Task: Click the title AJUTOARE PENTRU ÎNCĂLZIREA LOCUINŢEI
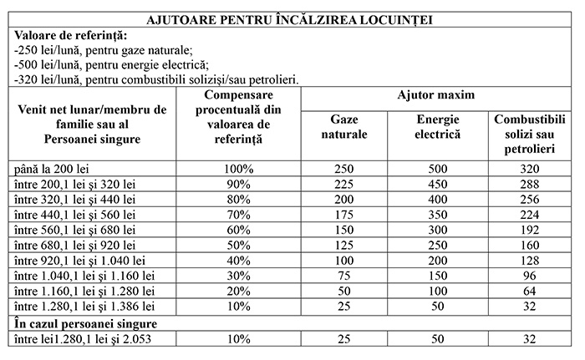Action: [x=292, y=18]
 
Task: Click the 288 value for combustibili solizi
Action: [x=532, y=184]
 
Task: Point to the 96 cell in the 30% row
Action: [x=532, y=275]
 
